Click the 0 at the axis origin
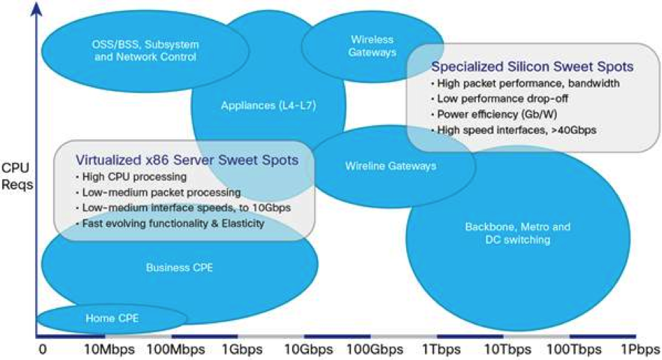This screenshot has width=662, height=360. click(x=43, y=349)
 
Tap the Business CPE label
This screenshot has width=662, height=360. click(x=179, y=268)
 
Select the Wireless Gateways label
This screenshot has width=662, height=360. click(x=373, y=46)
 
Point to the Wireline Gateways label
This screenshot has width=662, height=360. click(x=390, y=165)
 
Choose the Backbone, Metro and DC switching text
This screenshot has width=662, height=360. click(x=517, y=233)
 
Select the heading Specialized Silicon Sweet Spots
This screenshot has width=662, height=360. click(x=533, y=67)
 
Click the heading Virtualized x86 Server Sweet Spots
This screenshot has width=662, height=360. click(x=187, y=161)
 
